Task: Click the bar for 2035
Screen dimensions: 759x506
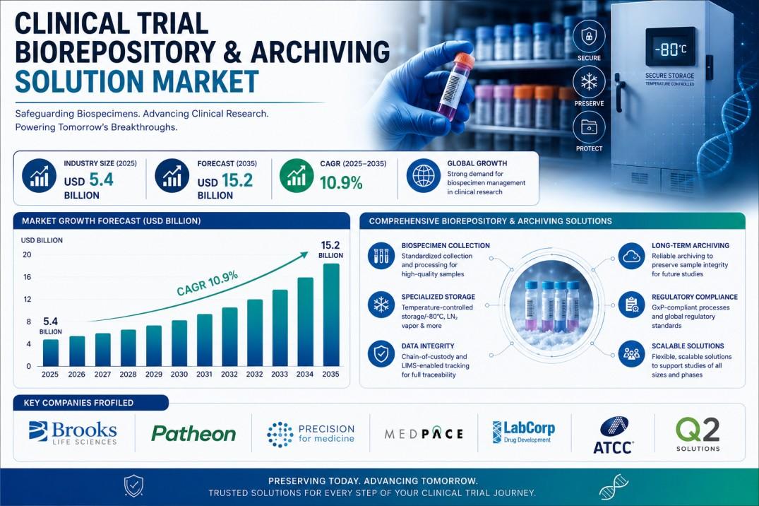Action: coord(331,314)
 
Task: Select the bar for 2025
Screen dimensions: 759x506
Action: coord(50,353)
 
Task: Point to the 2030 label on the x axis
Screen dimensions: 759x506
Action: coord(179,374)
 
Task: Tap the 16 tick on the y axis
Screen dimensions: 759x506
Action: coord(27,277)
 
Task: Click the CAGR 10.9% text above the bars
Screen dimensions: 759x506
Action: coord(207,283)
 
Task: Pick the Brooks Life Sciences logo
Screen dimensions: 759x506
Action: coord(73,433)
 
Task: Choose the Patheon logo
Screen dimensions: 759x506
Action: coord(193,433)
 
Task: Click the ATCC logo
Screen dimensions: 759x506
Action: coord(614,435)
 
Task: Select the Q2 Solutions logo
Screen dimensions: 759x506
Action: coord(698,434)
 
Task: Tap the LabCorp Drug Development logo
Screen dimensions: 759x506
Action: coord(523,431)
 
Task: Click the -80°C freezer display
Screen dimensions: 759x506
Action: coord(671,49)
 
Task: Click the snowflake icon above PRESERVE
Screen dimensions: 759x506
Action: coord(589,81)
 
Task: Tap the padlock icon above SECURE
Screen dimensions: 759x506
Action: coord(589,36)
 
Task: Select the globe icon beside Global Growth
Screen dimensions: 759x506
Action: coord(423,175)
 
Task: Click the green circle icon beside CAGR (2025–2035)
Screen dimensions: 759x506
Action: coord(297,175)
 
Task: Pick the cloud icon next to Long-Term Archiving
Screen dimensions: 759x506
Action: coord(632,256)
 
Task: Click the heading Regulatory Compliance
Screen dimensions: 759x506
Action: coord(695,297)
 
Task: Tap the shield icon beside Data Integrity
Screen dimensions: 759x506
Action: coord(381,354)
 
